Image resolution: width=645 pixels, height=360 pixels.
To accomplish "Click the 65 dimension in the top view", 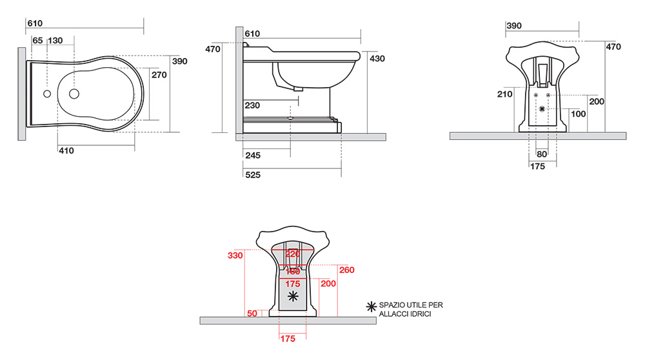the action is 37,40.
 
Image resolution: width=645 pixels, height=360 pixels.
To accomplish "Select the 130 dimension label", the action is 55,40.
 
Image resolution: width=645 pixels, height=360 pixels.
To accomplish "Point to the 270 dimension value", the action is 159,75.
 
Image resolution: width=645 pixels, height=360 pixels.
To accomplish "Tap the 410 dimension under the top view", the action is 66,150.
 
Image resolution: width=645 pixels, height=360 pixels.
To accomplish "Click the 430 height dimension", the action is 377,59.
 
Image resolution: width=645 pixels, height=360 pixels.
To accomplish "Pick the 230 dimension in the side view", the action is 252,105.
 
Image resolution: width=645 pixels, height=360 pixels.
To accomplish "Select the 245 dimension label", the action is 253,155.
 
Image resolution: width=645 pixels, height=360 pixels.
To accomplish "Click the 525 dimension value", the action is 253,175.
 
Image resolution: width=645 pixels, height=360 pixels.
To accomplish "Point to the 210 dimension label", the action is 505,94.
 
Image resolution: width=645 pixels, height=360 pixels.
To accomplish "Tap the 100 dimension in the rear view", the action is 579,114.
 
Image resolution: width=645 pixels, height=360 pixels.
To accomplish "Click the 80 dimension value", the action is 542,154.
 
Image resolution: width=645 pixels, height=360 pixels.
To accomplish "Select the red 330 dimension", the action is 235,255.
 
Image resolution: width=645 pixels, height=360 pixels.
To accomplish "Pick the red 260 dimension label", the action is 347,270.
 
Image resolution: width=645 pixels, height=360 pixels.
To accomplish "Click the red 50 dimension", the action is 252,314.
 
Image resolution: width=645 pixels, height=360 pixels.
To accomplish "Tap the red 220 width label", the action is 292,254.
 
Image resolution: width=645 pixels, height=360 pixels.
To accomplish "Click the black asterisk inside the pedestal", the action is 292,296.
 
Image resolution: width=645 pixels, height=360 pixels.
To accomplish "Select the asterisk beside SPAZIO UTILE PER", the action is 371,306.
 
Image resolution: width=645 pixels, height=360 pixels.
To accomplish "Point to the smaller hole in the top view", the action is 47,94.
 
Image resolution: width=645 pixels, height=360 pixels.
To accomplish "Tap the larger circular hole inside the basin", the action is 74,94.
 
